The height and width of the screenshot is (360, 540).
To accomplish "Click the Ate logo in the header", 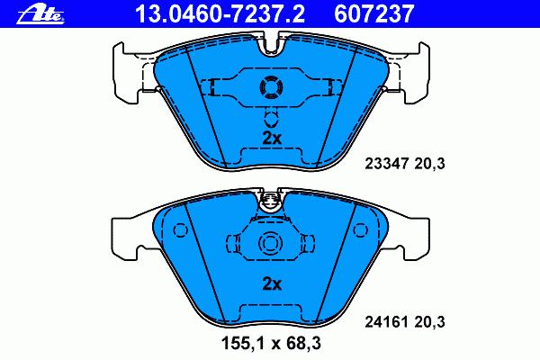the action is click(x=40, y=14).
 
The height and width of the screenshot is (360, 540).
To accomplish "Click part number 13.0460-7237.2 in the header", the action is click(x=220, y=13).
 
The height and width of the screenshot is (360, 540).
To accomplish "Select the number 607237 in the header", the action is click(x=373, y=13).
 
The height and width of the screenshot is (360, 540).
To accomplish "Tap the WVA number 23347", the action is click(x=386, y=163).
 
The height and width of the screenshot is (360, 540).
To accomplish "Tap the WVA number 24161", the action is click(x=386, y=322).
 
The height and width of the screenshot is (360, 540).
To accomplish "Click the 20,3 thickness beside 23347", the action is click(x=429, y=164).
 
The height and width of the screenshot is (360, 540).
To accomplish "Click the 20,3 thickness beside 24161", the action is click(x=429, y=322).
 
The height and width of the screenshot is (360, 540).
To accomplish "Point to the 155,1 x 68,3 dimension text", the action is click(x=271, y=344).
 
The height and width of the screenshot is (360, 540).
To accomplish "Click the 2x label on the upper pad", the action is click(x=272, y=139).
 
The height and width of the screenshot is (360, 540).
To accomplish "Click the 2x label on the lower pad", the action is click(x=272, y=284).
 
